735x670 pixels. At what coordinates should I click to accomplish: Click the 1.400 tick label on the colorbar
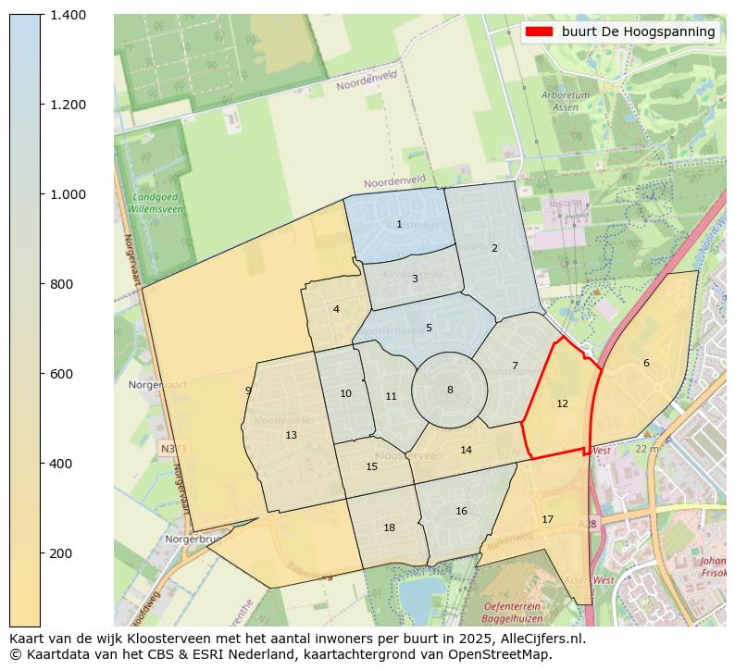coord(69,15)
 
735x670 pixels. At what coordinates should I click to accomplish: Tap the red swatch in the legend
coord(539,31)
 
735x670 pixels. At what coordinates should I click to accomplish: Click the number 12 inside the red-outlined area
coord(562,403)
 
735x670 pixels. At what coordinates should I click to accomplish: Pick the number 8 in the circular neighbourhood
coord(450,390)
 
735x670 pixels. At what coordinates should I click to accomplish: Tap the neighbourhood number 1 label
coord(399,224)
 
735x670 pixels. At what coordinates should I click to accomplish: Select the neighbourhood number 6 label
coord(646,363)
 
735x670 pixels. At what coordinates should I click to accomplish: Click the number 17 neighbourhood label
coord(547,519)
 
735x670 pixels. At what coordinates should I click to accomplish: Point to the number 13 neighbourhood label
coord(291,435)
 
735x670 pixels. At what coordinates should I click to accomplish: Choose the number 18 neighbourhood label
coord(389,527)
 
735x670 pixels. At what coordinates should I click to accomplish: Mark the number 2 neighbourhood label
coord(494,248)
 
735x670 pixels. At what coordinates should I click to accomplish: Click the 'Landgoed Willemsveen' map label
coord(157,204)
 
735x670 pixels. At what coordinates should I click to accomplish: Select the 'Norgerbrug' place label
coord(191,539)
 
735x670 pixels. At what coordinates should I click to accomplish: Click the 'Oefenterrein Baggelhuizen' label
coord(511,612)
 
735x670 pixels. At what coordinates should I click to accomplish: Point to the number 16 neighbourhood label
coord(461,511)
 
